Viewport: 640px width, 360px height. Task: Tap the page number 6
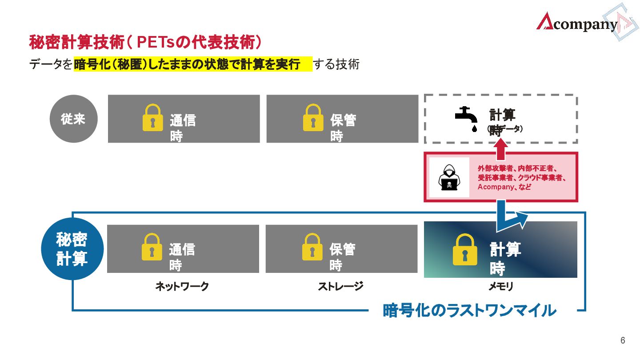pos(623,341)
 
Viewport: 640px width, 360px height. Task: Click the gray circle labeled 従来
pos(73,119)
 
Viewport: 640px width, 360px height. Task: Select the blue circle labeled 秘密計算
pos(72,248)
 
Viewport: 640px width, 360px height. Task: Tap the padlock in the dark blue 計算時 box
pos(465,250)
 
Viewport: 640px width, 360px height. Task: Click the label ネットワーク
pos(182,287)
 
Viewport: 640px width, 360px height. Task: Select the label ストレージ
pos(340,287)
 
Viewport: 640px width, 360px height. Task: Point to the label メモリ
pos(501,287)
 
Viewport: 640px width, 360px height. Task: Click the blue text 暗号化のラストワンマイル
pos(469,310)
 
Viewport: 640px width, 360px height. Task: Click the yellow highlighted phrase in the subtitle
pos(193,64)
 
